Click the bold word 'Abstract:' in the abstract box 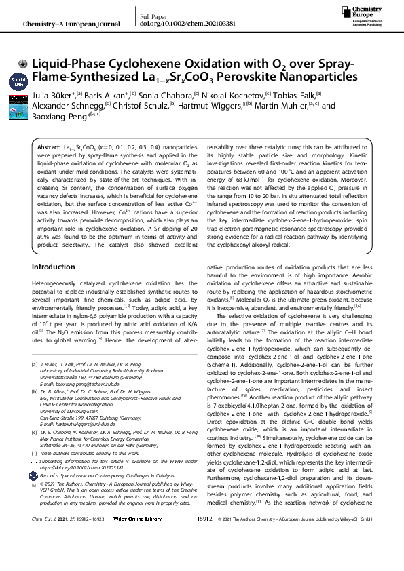pos(50,147)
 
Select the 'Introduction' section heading pos(54,286)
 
